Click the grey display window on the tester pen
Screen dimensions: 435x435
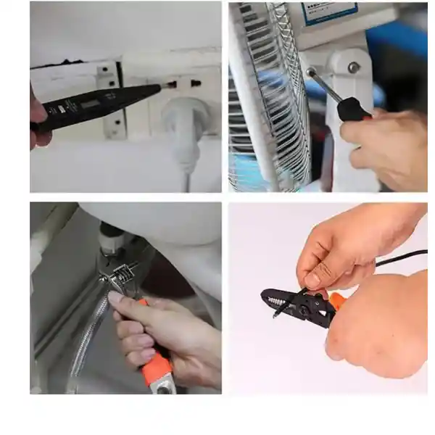(x=91, y=104)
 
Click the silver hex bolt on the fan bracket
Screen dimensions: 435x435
(x=353, y=67)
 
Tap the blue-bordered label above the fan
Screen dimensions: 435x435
(x=330, y=13)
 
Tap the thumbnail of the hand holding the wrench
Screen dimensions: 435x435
(x=116, y=297)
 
